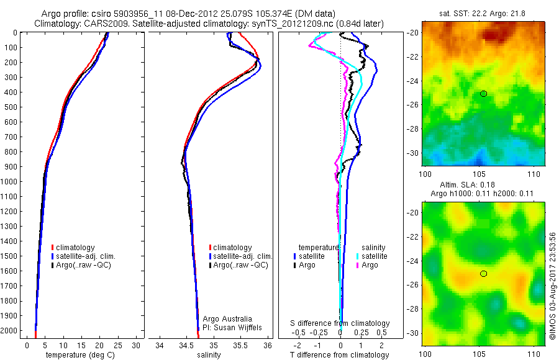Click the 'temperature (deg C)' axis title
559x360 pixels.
[x=82, y=355]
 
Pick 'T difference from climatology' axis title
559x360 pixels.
[x=340, y=355]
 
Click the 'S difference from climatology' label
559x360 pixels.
[x=340, y=323]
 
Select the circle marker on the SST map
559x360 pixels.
[x=484, y=94]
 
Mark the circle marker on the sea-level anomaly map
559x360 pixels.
[x=484, y=274]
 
